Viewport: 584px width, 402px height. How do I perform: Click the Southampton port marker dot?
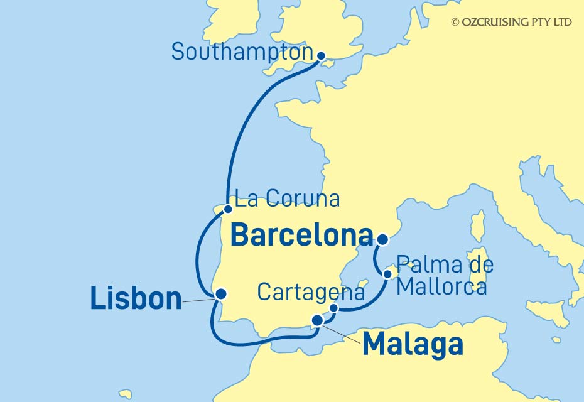click(322, 56)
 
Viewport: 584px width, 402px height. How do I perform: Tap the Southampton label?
click(242, 52)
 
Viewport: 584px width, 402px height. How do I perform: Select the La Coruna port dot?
click(229, 209)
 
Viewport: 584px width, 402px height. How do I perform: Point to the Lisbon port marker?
click(220, 293)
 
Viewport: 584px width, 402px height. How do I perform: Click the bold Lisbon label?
click(136, 298)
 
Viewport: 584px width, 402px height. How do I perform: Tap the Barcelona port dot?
click(383, 239)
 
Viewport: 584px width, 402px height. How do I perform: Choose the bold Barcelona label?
click(302, 236)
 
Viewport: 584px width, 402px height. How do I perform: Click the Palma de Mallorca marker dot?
click(387, 274)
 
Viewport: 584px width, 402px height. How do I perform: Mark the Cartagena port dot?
click(334, 308)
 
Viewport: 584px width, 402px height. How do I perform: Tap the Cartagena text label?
click(311, 292)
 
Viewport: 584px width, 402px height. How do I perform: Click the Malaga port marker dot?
click(318, 320)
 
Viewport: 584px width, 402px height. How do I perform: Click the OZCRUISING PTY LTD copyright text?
click(511, 22)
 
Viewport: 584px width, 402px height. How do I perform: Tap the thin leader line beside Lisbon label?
click(198, 301)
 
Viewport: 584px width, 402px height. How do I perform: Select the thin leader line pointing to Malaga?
click(342, 332)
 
